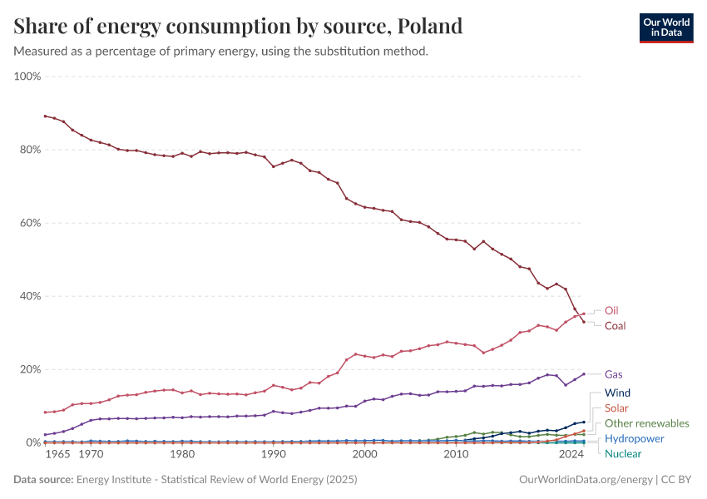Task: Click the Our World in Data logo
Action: [665, 27]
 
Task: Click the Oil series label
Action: [611, 310]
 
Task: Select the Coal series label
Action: [615, 326]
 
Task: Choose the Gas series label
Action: [613, 374]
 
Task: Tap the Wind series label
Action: [617, 393]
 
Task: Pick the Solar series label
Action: [616, 408]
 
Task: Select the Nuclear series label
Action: [623, 453]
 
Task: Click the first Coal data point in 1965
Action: [45, 116]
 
